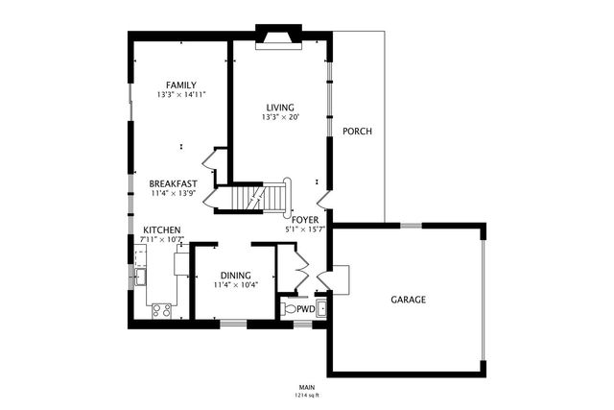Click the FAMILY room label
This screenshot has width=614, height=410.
pyautogui.click(x=181, y=85)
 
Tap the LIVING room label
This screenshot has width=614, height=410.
pyautogui.click(x=280, y=107)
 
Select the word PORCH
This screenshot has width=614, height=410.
pyautogui.click(x=357, y=132)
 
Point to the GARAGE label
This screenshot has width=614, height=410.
pyautogui.click(x=408, y=300)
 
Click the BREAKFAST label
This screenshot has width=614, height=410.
pyautogui.click(x=173, y=183)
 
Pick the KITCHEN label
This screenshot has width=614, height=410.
pyautogui.click(x=162, y=230)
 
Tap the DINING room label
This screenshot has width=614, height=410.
pyautogui.click(x=235, y=274)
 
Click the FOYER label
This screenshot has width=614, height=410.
pyautogui.click(x=305, y=220)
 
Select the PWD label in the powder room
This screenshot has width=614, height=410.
pyautogui.click(x=305, y=309)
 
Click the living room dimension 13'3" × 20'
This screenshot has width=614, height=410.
pyautogui.click(x=280, y=117)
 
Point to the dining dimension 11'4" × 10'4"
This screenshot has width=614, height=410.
pyautogui.click(x=235, y=284)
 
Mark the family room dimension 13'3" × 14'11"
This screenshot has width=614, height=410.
pyautogui.click(x=181, y=95)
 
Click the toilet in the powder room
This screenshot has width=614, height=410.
pyautogui.click(x=290, y=309)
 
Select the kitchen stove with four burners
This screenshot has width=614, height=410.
pyautogui.click(x=161, y=310)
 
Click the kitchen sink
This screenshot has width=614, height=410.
pyautogui.click(x=140, y=277)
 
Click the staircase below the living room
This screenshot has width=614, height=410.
pyautogui.click(x=265, y=199)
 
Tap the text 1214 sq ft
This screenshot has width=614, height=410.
pyautogui.click(x=306, y=395)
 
